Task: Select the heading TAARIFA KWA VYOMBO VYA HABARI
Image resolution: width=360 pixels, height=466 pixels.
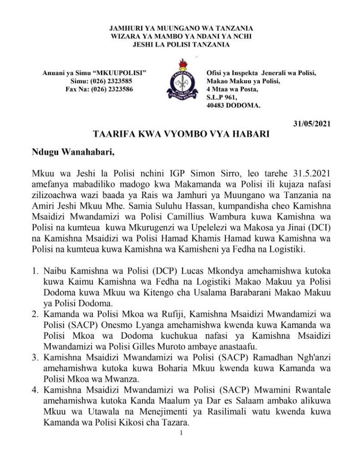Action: pyautogui.click(x=180, y=134)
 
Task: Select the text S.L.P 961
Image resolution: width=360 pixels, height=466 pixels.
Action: pyautogui.click(x=223, y=97)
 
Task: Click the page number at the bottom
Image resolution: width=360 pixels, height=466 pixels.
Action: pyautogui.click(x=181, y=432)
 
